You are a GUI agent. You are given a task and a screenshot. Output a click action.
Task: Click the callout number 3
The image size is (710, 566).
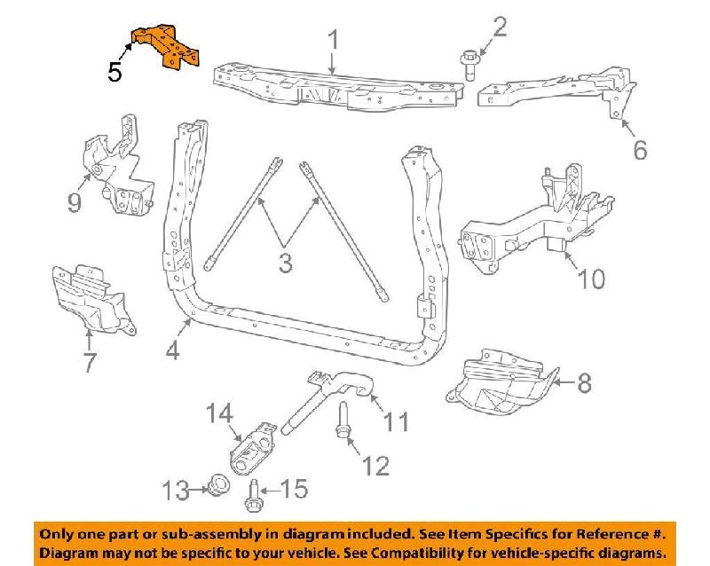285,263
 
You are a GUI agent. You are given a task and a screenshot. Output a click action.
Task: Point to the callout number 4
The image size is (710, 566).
172,350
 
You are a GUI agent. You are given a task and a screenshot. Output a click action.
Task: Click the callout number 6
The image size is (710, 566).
639,151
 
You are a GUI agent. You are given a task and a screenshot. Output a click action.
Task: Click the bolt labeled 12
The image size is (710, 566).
343,432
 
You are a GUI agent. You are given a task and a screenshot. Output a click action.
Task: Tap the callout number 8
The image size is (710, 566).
583,383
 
